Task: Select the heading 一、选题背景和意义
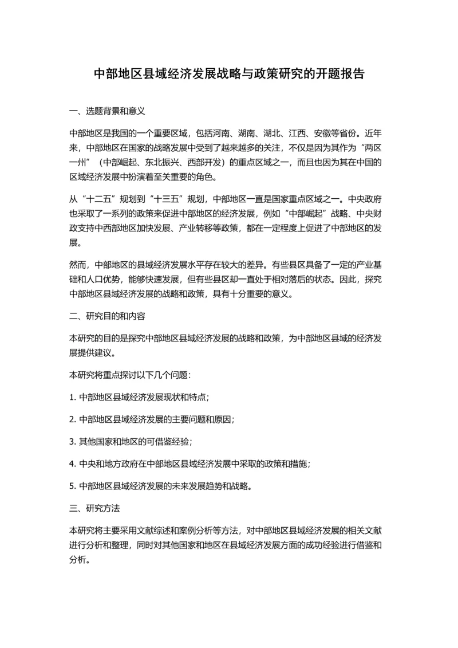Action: coord(107,111)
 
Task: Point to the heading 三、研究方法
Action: coord(94,508)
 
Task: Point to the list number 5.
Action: coord(72,486)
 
